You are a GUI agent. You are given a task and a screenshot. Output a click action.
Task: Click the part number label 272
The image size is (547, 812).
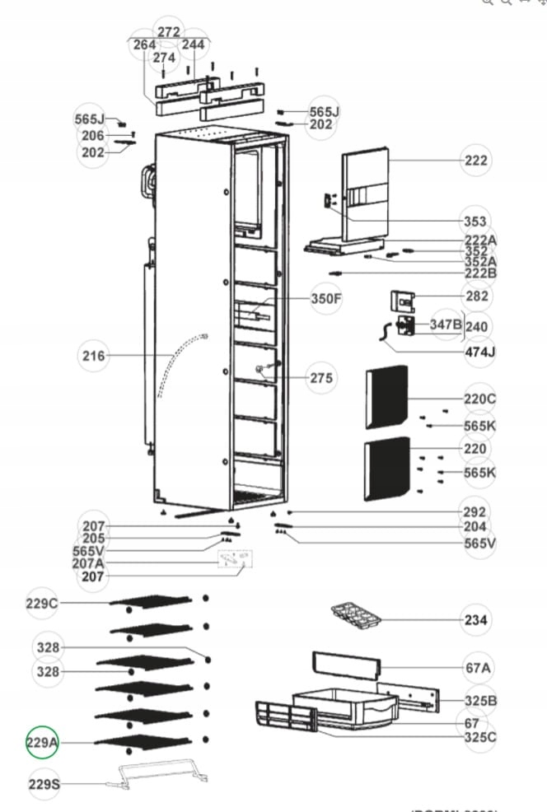168,31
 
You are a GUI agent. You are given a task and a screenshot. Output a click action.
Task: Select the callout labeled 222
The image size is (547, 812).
475,161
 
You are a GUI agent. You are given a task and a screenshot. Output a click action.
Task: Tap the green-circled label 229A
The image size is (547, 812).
43,743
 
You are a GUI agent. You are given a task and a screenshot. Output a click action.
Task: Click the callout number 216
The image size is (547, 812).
94,356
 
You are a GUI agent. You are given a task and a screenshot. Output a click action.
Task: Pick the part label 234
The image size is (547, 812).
475,619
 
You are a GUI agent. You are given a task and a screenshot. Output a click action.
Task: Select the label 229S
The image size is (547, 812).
44,784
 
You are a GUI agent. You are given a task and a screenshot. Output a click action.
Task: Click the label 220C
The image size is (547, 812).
479,399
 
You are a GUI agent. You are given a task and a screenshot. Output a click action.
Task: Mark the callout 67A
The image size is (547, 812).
478,668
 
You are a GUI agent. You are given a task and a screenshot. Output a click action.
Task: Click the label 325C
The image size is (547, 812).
480,736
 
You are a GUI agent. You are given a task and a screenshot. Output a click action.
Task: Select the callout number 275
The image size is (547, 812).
322,378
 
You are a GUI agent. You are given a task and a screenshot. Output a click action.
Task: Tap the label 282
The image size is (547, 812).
476,296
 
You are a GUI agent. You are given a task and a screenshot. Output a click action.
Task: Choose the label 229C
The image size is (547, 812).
43,604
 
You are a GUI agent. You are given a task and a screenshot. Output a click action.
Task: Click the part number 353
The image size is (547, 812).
475,222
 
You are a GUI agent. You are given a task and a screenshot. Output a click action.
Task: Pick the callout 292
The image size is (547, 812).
475,511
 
